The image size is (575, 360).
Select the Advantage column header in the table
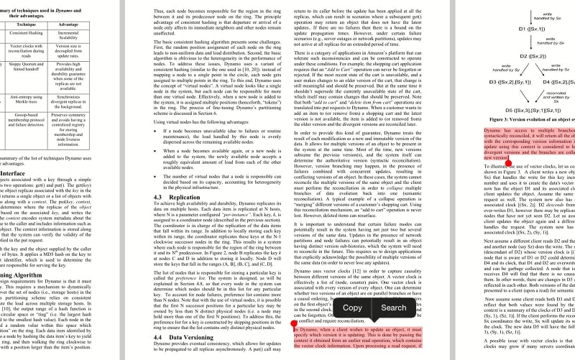68,24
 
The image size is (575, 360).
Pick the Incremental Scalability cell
68,37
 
